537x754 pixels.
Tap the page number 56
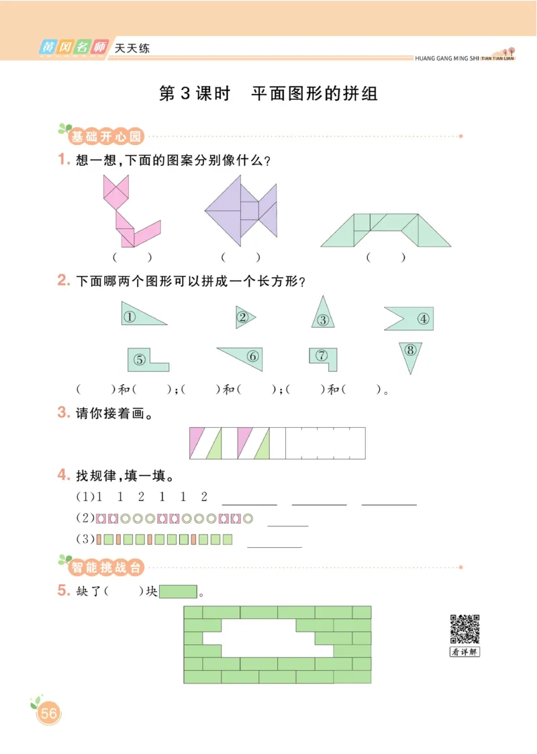[x=48, y=714]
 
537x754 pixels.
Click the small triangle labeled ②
[x=243, y=317]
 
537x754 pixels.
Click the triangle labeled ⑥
[x=246, y=357]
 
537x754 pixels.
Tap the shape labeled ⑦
[x=324, y=357]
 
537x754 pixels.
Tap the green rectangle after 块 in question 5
[x=178, y=592]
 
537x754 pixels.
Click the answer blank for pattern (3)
[x=275, y=540]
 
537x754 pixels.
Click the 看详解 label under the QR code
[x=465, y=651]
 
